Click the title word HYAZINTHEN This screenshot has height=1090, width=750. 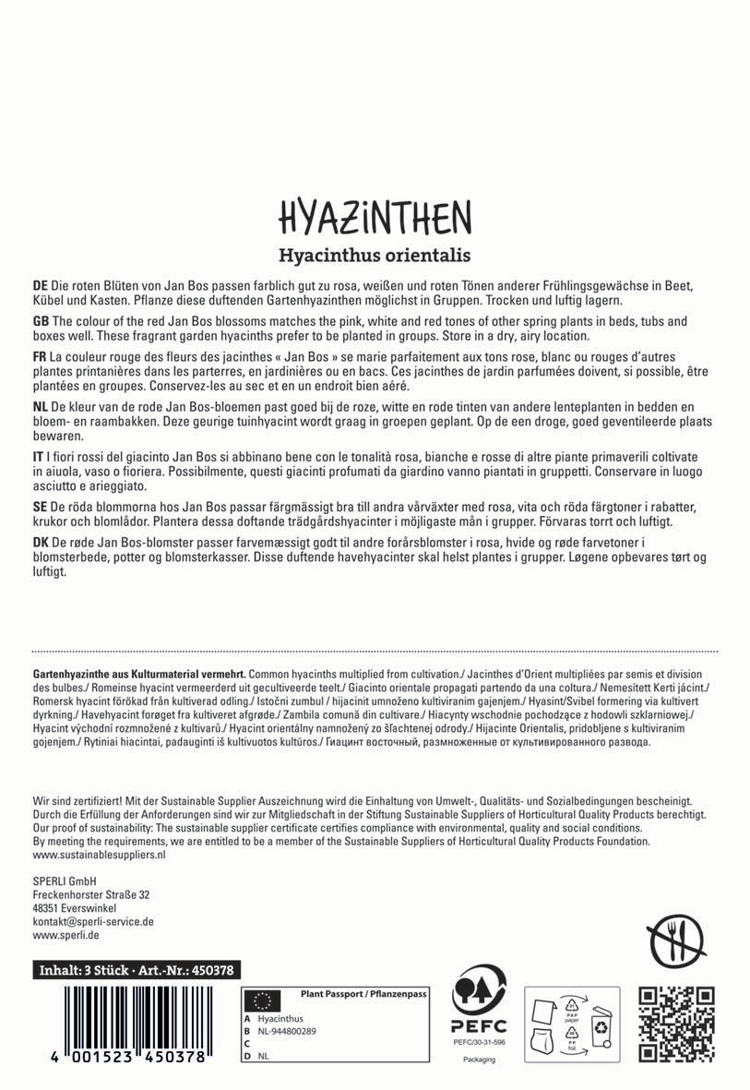point(375,217)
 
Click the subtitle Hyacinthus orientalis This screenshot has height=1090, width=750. point(375,255)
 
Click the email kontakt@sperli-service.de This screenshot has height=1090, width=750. point(93,921)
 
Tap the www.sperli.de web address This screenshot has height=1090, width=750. point(65,935)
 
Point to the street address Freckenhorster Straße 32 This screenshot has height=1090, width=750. point(91,895)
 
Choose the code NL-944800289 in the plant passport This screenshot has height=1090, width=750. point(288,1031)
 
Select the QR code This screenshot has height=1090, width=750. point(677,1024)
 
